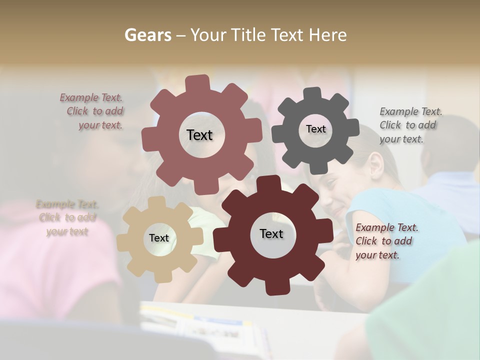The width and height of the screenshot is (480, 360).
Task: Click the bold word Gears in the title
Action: tap(148, 35)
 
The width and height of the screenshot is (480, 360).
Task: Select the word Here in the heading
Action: tap(327, 35)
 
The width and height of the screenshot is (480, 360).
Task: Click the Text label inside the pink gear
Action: tap(199, 135)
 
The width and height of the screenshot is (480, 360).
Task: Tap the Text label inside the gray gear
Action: tap(315, 129)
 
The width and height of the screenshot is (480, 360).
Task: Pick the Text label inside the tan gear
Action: tap(159, 238)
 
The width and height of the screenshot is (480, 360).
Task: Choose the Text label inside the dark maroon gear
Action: tap(271, 233)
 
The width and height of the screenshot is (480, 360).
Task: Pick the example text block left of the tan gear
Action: tap(67, 217)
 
